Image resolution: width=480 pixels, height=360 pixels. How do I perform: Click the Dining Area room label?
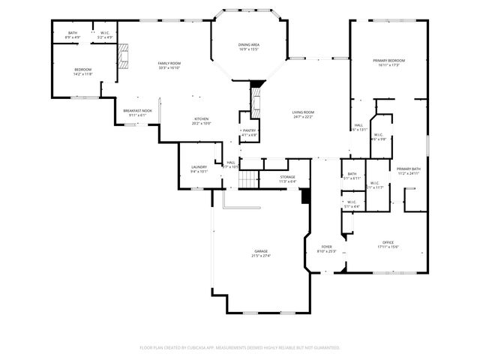pyautogui.click(x=248, y=46)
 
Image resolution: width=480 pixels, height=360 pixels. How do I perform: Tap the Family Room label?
pyautogui.click(x=169, y=65)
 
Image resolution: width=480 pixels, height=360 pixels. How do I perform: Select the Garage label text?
pyautogui.click(x=260, y=253)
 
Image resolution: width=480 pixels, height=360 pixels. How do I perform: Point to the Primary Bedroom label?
pyautogui.click(x=389, y=62)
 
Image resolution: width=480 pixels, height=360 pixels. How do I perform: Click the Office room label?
pyautogui.click(x=388, y=244)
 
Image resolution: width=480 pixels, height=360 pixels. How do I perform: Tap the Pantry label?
pyautogui.click(x=249, y=132)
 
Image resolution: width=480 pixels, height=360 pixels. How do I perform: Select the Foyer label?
pyautogui.click(x=326, y=248)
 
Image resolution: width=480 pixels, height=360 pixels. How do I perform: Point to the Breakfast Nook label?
pyautogui.click(x=137, y=112)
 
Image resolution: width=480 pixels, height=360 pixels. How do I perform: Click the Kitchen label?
pyautogui.click(x=201, y=121)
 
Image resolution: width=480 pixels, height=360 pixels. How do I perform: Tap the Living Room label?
pyautogui.click(x=302, y=114)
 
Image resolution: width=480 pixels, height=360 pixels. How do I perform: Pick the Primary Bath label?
pyautogui.click(x=409, y=171)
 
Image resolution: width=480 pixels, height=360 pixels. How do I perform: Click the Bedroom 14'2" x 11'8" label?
pyautogui.click(x=82, y=72)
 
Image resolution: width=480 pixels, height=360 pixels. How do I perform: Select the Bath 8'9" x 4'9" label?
pyautogui.click(x=73, y=34)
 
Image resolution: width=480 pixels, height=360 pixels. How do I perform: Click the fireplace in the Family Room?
pyautogui.click(x=124, y=55)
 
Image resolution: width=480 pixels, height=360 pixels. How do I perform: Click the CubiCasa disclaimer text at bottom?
pyautogui.click(x=240, y=347)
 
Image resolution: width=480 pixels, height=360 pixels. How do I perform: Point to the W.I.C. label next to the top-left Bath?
pyautogui.click(x=104, y=34)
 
